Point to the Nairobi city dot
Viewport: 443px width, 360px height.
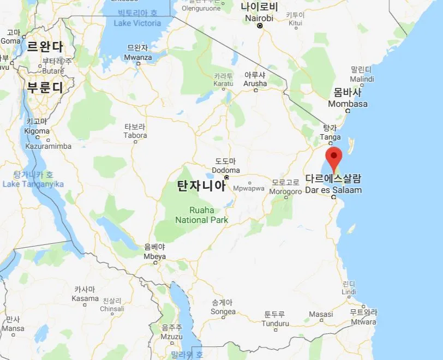260,26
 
